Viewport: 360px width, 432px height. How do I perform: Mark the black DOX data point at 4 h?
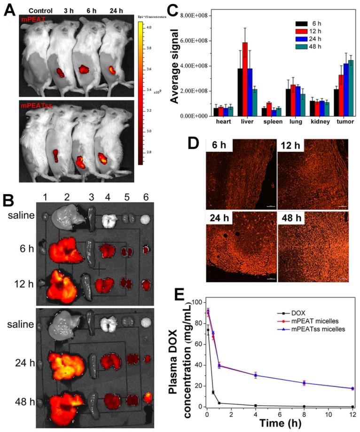255,405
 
